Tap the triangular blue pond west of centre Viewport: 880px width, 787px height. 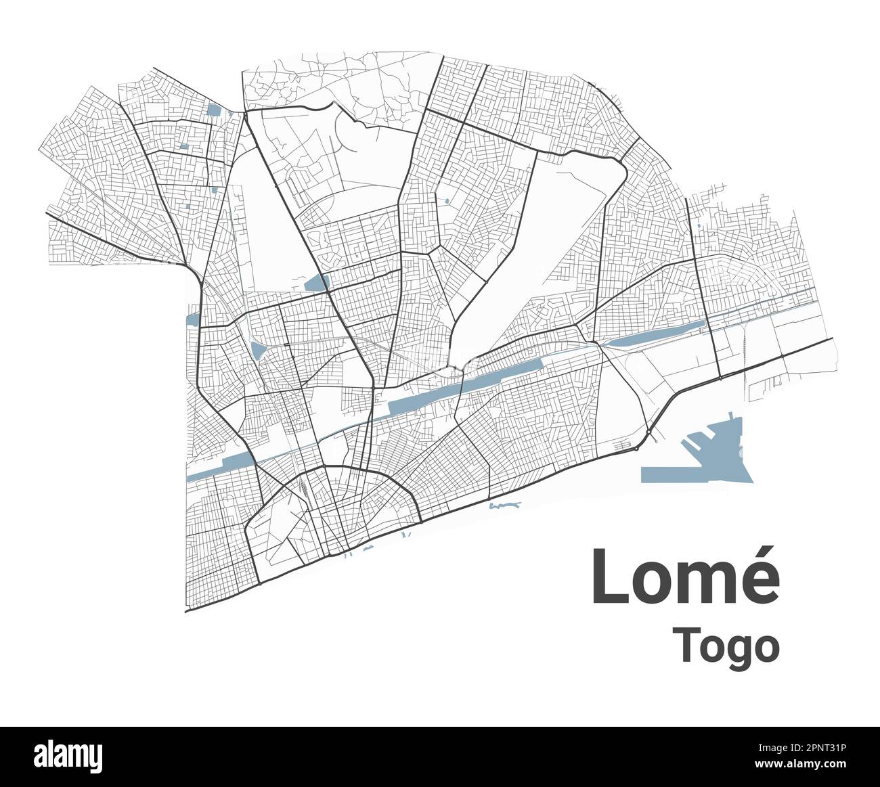click(x=257, y=349)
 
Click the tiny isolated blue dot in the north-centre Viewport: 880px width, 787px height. click(x=447, y=200)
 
